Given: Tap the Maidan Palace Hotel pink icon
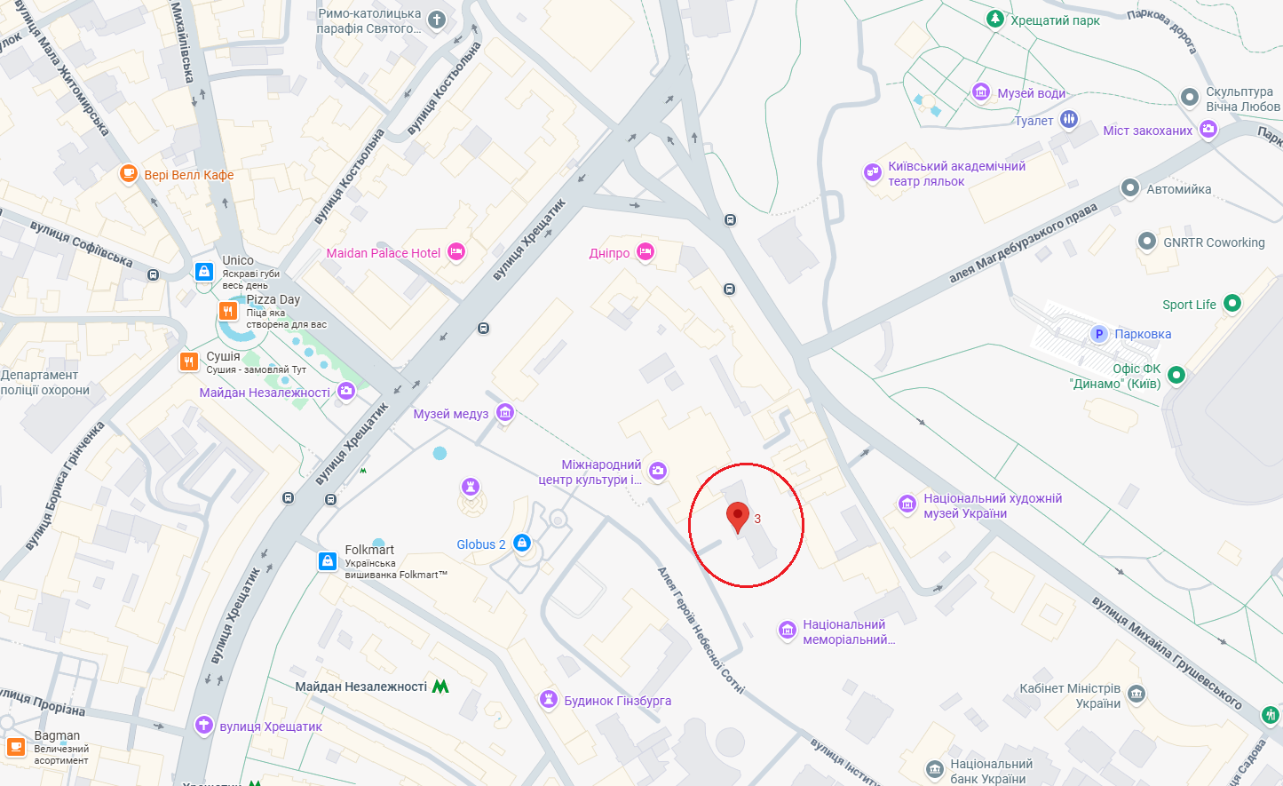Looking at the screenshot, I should point(456,252).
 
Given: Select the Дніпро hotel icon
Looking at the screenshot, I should point(645,252).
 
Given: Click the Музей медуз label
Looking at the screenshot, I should point(450,414).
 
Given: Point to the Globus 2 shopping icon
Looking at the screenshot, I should point(522,544).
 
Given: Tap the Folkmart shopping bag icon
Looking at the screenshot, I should point(328,560).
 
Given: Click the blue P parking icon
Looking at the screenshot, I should point(1098,334).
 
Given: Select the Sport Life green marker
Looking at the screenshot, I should point(1232,304).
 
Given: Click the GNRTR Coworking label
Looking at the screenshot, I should point(1214,242).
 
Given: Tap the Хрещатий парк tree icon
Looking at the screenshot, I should point(995,19).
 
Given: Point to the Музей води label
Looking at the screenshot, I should point(1031,93).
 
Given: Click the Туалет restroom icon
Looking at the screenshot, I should point(1068,119).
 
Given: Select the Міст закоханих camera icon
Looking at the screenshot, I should point(1208,130).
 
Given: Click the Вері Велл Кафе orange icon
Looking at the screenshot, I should point(129,174).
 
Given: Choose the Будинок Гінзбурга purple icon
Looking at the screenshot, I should point(549,700).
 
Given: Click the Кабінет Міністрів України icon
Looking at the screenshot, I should point(1136,695).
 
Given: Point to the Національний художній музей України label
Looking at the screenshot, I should point(992,505).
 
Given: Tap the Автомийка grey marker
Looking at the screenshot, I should point(1129,188).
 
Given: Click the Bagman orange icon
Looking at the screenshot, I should point(16,746).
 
